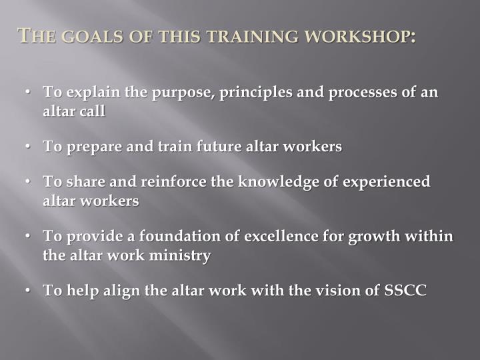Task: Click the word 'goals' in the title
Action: pyautogui.click(x=83, y=37)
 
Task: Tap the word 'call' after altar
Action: pyautogui.click(x=93, y=111)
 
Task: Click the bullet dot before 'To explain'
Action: pyautogui.click(x=31, y=92)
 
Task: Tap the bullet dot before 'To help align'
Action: pyautogui.click(x=31, y=291)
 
